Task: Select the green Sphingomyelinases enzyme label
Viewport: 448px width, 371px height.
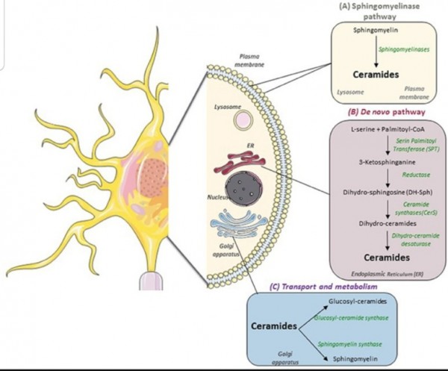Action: (x=404, y=49)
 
